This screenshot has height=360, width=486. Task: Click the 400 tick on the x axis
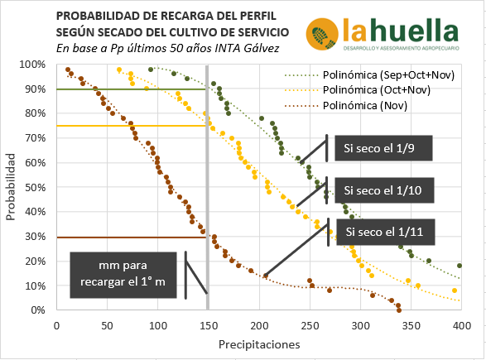459,324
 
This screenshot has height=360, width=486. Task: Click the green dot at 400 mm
460,266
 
